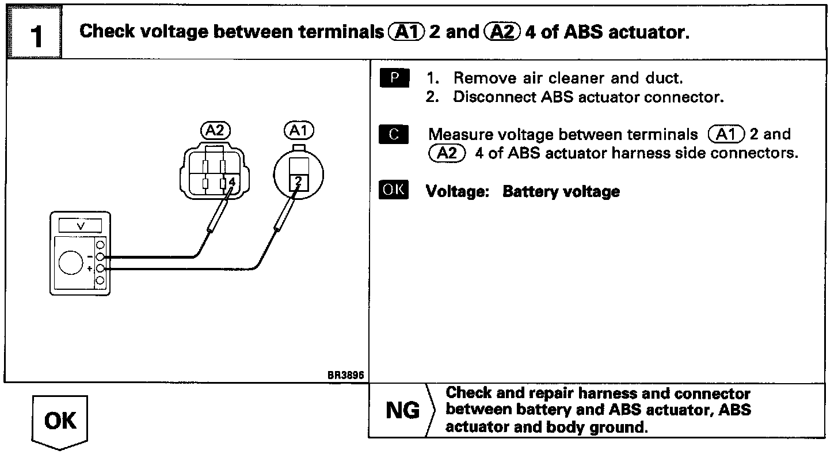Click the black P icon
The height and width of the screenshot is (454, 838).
pyautogui.click(x=394, y=78)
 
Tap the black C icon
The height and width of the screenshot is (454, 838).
pyautogui.click(x=394, y=135)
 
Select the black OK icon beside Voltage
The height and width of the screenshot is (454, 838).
pyautogui.click(x=394, y=190)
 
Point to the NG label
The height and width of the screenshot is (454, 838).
pyautogui.click(x=402, y=411)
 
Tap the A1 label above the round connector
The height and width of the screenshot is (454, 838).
pyautogui.click(x=298, y=131)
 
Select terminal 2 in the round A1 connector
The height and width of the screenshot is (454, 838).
pyautogui.click(x=298, y=182)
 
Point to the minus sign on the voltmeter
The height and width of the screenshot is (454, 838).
pyautogui.click(x=90, y=256)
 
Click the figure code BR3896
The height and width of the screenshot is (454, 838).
pyautogui.click(x=346, y=374)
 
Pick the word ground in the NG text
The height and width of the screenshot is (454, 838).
pyautogui.click(x=622, y=427)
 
